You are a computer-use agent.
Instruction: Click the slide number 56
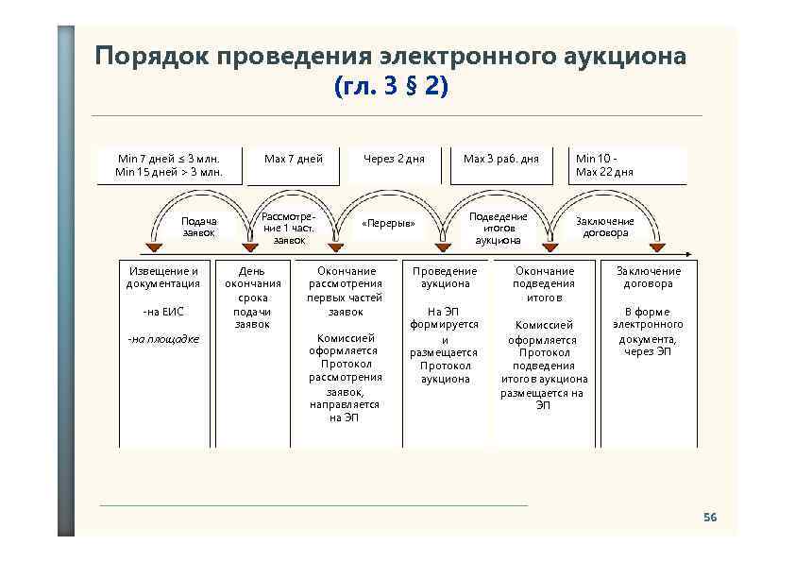pos(710,518)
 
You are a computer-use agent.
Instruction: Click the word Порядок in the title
pos(150,57)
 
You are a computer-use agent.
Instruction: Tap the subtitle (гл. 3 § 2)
pos(391,87)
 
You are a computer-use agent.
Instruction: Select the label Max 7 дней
pos(294,159)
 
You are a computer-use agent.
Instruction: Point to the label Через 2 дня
pos(394,159)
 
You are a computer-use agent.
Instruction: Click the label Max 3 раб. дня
pos(500,159)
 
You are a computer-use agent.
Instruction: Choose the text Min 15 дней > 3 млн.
pos(169,172)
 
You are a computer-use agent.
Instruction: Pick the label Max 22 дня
pos(604,172)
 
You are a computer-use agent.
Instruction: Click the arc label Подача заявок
pos(198,227)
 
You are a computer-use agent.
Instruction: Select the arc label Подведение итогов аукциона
pos(499,228)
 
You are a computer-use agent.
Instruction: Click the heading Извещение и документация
pos(163,277)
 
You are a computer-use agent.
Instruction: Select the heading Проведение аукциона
pos(445,277)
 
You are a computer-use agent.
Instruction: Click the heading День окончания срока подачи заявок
pos(253,298)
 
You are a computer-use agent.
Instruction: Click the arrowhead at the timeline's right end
pos(692,253)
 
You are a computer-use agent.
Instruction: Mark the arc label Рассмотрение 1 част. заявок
pos(289,228)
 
